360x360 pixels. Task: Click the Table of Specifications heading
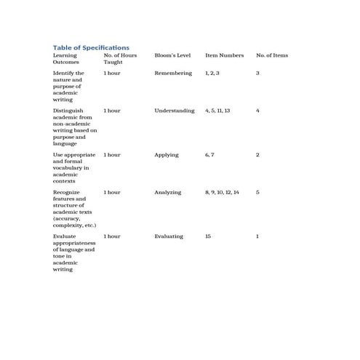point(91,47)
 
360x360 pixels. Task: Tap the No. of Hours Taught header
point(120,59)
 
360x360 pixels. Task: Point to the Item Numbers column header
point(225,55)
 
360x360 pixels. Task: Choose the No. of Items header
point(272,55)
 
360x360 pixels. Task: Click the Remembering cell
point(173,73)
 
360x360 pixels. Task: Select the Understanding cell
point(175,111)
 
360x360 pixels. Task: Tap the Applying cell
point(166,155)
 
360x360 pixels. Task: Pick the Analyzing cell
point(167,192)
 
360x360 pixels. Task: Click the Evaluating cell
point(169,236)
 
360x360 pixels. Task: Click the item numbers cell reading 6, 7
point(209,155)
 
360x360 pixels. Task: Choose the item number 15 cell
point(208,236)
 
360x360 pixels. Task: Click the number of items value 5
point(257,192)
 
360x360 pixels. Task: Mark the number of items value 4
point(257,111)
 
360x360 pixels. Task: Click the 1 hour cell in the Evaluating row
point(112,236)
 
